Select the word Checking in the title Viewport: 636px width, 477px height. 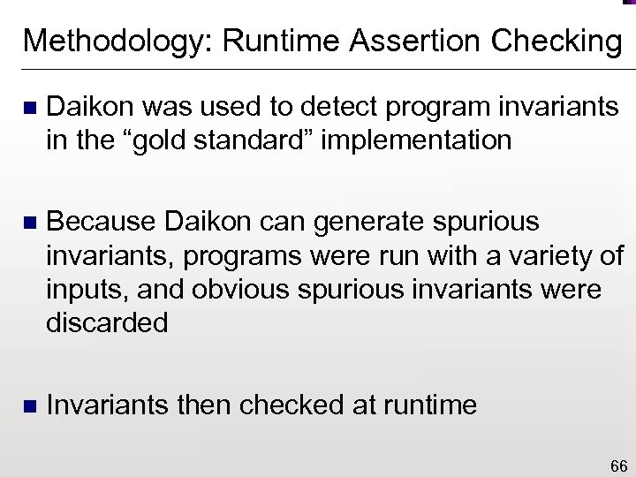point(556,41)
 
